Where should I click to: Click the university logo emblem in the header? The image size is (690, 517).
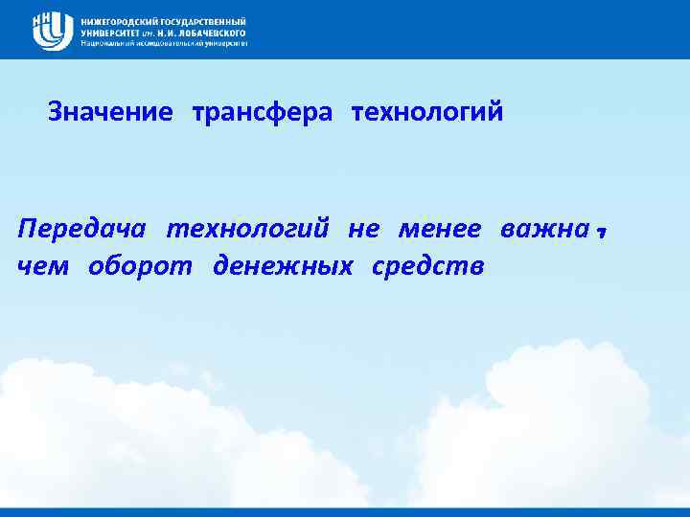[52, 30]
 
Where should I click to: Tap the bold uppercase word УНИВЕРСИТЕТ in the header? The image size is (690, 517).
[111, 32]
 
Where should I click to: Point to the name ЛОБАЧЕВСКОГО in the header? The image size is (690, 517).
[209, 32]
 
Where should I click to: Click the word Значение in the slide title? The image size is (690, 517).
[110, 113]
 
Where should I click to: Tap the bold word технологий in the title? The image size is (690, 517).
[427, 113]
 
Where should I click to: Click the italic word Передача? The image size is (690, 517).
[83, 232]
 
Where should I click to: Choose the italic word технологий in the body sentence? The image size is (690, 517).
[248, 232]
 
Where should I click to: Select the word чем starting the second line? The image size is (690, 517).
[43, 265]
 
